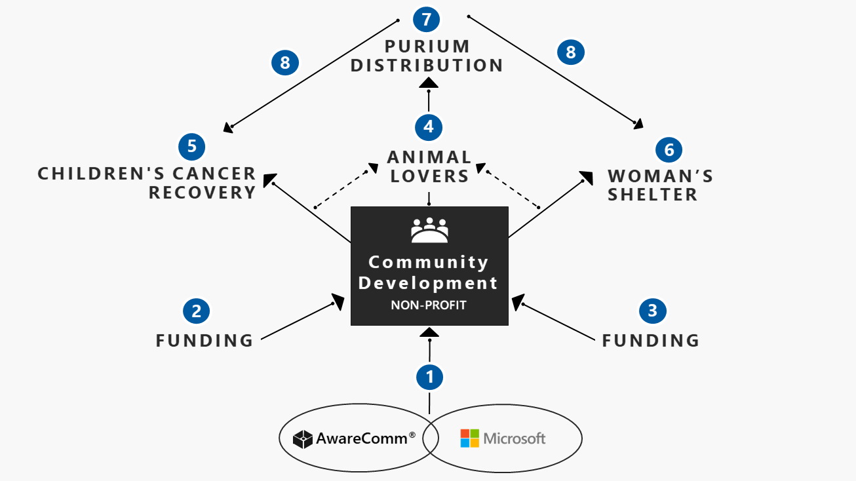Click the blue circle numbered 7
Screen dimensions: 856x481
point(426,20)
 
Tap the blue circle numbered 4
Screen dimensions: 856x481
point(429,127)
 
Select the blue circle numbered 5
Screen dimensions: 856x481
point(192,147)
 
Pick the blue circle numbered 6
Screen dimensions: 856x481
point(669,150)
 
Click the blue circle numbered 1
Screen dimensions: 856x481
point(429,377)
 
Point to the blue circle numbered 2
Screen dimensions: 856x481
point(197,311)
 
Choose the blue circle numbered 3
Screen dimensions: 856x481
point(653,311)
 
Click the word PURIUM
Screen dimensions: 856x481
point(427,47)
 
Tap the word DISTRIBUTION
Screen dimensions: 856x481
point(427,66)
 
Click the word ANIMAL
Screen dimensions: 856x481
point(429,157)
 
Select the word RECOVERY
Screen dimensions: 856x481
point(202,193)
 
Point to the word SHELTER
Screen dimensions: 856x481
point(653,195)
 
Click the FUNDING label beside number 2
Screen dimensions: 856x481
point(204,341)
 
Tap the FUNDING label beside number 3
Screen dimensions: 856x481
point(651,341)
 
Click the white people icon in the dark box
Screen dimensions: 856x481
point(429,230)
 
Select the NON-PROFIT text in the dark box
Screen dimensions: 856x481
point(429,305)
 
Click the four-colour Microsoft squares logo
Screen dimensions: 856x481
point(470,438)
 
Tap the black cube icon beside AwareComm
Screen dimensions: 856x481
point(303,439)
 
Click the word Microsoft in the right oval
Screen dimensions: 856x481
point(515,438)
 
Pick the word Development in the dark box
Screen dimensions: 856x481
point(428,284)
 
